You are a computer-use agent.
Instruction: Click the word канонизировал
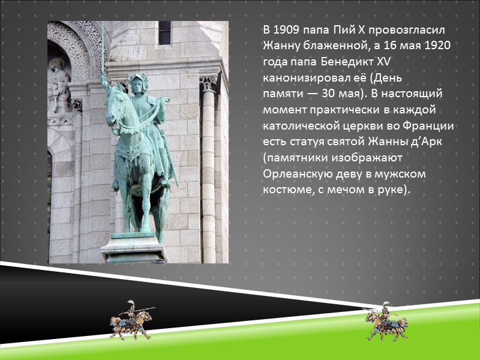(303, 79)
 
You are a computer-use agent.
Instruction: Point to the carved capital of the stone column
(208, 83)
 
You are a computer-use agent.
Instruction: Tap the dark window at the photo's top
(164, 33)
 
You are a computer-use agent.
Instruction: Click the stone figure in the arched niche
(59, 84)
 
